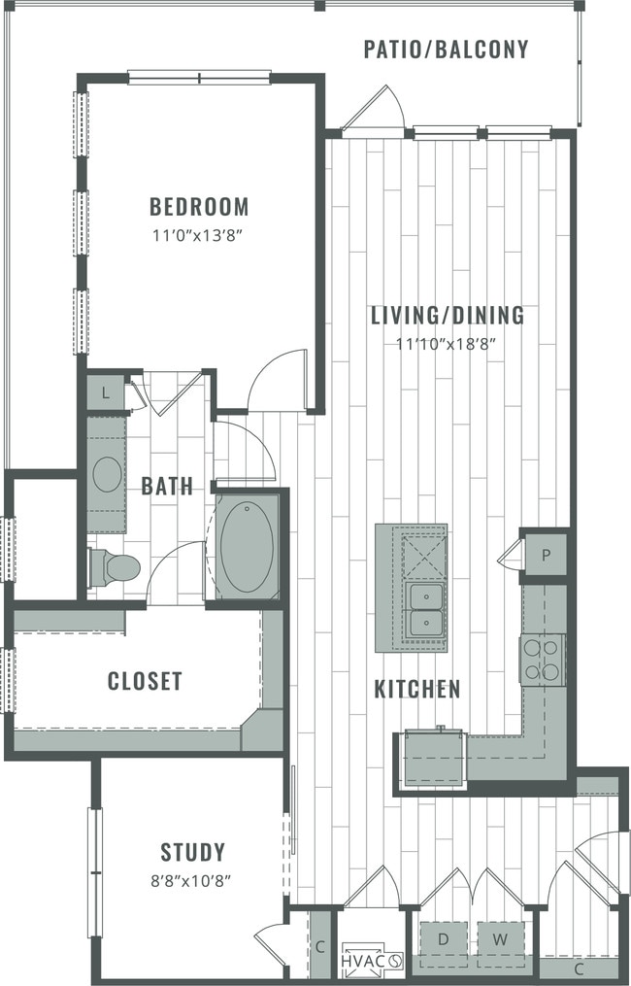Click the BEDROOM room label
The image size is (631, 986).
point(199,206)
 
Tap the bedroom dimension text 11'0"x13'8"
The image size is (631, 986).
point(199,233)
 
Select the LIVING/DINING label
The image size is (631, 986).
point(448,315)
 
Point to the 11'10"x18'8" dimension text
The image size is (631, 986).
point(448,342)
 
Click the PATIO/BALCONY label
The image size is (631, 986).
point(447,49)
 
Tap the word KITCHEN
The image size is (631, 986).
point(417,689)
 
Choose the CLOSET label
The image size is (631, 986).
point(145,681)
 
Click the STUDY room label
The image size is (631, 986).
point(193,852)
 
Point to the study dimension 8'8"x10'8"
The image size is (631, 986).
point(193,880)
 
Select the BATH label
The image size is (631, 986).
point(167,486)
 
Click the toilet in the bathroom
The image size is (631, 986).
point(115,567)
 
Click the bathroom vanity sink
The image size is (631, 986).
point(107,474)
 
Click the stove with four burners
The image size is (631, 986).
point(543,660)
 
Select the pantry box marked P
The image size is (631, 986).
point(546,556)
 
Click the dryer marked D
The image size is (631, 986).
point(442,939)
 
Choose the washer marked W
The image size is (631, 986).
point(500,939)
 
